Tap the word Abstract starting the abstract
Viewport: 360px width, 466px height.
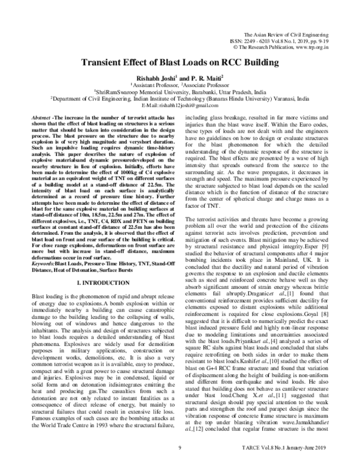[41, 118]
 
